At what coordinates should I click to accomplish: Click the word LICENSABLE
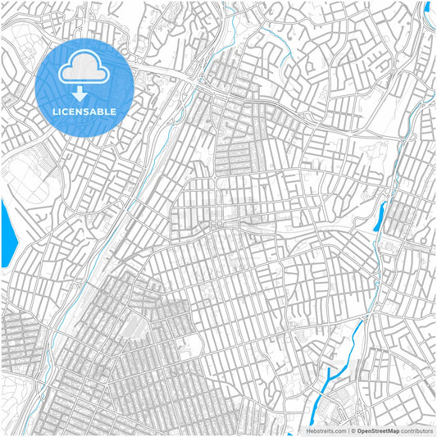click(x=84, y=112)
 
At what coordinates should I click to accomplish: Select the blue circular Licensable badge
click(x=84, y=86)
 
